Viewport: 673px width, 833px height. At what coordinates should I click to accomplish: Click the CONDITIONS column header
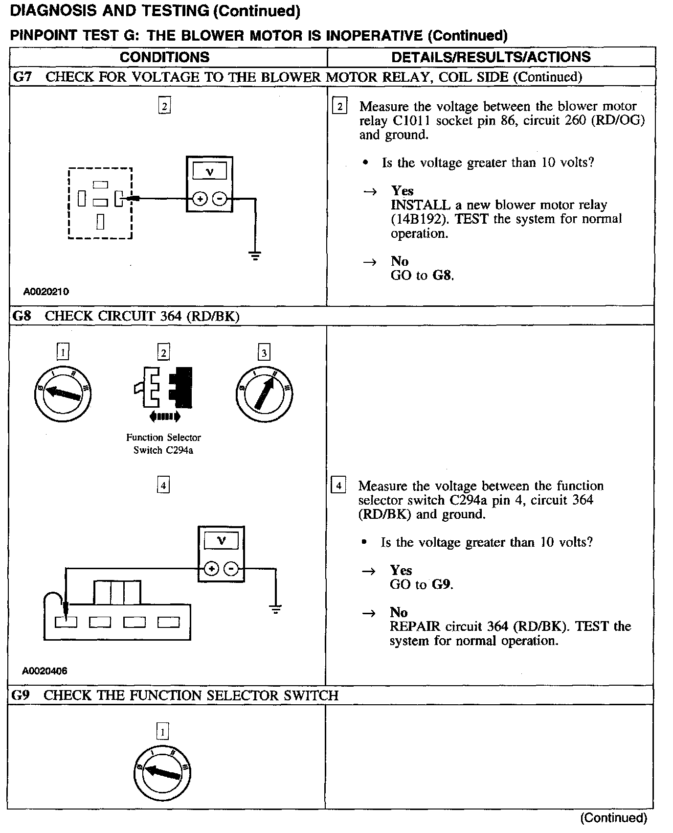pos(164,57)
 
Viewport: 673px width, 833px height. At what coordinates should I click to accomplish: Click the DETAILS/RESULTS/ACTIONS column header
pos(491,57)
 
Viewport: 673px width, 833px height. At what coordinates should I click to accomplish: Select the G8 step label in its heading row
pos(22,316)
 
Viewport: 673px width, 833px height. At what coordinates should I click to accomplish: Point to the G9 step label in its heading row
pos(21,695)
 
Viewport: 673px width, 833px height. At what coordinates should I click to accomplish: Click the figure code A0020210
pos(46,292)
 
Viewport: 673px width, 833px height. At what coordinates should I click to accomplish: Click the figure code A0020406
pos(45,671)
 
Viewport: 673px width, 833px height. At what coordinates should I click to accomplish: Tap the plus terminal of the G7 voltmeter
pos(200,199)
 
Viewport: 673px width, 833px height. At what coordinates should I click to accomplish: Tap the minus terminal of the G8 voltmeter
pos(231,569)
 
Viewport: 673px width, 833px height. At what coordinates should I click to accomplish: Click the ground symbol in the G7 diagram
pos(255,255)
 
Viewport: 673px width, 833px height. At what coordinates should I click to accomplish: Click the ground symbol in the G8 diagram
pos(276,609)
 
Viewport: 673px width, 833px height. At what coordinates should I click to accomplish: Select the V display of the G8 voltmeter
pos(221,541)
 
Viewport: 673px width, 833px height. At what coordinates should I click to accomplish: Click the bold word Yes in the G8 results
pos(401,570)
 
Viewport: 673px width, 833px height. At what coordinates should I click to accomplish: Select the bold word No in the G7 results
pos(400,261)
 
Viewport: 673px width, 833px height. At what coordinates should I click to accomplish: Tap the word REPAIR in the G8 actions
pos(412,626)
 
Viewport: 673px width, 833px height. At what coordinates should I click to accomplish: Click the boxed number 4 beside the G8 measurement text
pos(338,486)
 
